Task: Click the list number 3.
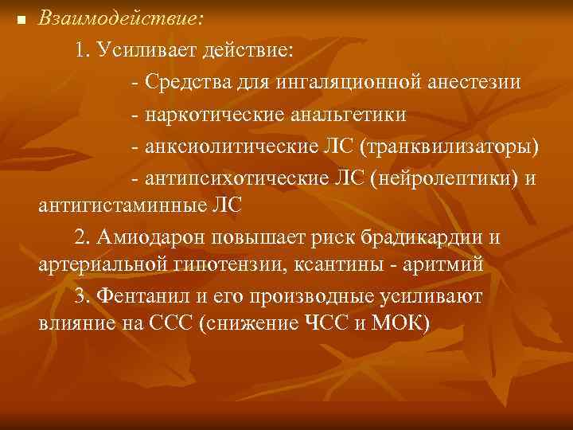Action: click(79, 295)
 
